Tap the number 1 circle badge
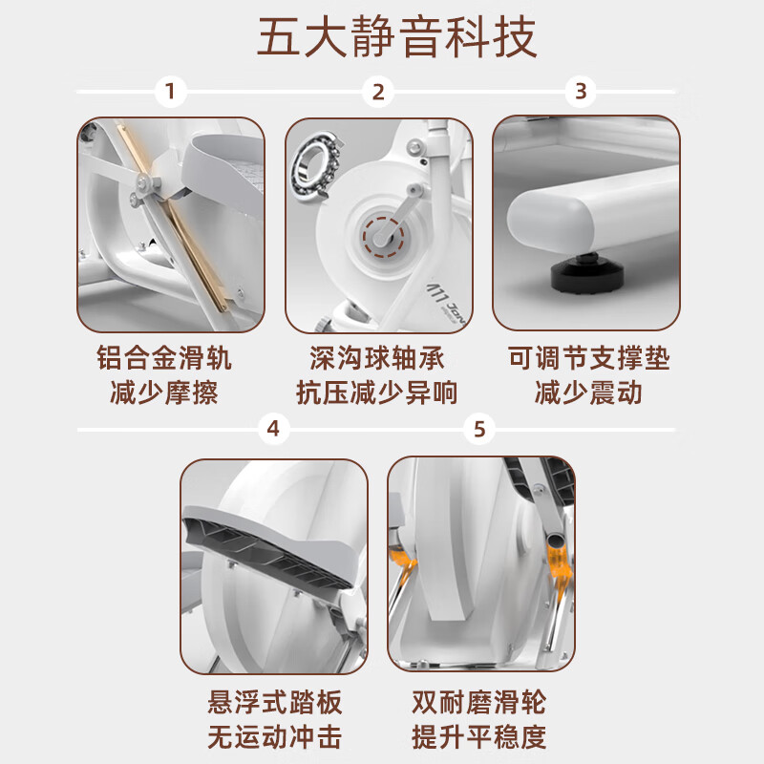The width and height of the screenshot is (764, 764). pos(170,92)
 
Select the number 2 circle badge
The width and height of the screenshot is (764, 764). pos(378,92)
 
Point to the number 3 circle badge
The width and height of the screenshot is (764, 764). pos(581,92)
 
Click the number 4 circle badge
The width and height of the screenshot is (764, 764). pos(273,429)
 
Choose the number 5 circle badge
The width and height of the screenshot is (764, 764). pos(479,429)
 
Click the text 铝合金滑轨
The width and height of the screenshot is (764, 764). pos(164,359)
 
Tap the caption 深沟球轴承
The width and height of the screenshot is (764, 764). pos(378,359)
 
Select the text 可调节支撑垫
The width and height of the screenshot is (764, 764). pos(588,359)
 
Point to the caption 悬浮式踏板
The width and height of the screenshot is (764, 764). pos(274,704)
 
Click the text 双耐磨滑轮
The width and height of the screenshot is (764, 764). pos(479,704)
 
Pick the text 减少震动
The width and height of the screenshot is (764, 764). pos(588,392)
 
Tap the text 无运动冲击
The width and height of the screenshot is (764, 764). pos(274,736)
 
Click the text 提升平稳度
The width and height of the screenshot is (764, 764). pos(479,736)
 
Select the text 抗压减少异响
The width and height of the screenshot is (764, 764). pos(378,392)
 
